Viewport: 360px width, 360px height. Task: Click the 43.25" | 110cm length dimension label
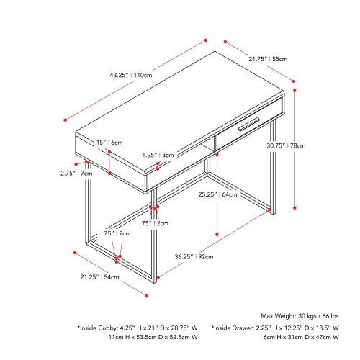pos(131,75)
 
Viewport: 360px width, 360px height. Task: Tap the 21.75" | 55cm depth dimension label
pos(268,59)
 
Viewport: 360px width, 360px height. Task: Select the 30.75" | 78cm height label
pos(286,145)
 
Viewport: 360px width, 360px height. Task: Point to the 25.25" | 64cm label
pos(217,194)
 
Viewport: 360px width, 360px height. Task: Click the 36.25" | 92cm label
pos(194,257)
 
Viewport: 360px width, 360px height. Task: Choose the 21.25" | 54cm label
pos(99,277)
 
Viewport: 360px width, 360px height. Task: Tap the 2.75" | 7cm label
pos(76,174)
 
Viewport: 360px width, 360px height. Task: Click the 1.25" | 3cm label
pos(158,155)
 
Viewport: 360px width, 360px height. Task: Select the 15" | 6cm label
pos(109,143)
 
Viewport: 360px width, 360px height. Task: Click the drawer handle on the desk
pos(249,125)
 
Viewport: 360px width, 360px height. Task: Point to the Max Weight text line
pos(300,316)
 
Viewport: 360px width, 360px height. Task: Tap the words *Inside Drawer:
pos(233,328)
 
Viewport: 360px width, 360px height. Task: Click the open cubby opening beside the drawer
pos(205,148)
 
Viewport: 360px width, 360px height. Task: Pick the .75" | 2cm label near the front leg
pos(154,223)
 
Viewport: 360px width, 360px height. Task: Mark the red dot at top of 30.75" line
pos(294,91)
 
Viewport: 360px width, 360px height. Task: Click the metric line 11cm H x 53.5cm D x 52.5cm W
pos(153,337)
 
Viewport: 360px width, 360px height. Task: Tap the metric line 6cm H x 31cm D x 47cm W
pos(301,337)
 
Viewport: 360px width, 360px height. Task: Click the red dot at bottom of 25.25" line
pos(217,235)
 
